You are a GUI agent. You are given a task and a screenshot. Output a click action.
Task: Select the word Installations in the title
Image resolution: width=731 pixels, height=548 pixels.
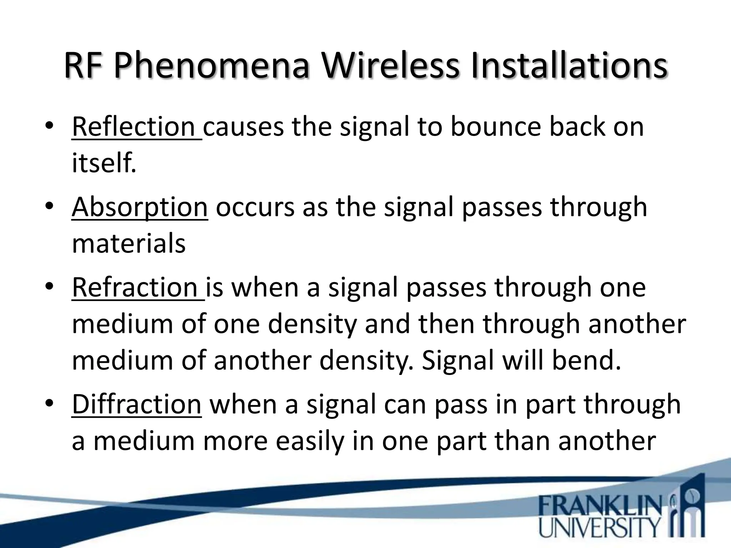569,66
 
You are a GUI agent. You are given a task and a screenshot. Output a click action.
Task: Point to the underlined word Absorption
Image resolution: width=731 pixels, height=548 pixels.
140,207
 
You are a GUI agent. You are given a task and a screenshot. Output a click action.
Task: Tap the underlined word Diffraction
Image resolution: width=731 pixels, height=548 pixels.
137,405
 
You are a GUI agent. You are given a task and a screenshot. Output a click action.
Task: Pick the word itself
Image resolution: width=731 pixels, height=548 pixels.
104,163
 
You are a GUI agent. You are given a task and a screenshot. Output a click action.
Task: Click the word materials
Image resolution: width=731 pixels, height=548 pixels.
128,244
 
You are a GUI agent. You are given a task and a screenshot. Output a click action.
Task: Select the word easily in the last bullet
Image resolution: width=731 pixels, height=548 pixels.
310,441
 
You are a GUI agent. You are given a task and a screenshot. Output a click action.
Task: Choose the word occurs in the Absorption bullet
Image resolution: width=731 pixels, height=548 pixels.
255,207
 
